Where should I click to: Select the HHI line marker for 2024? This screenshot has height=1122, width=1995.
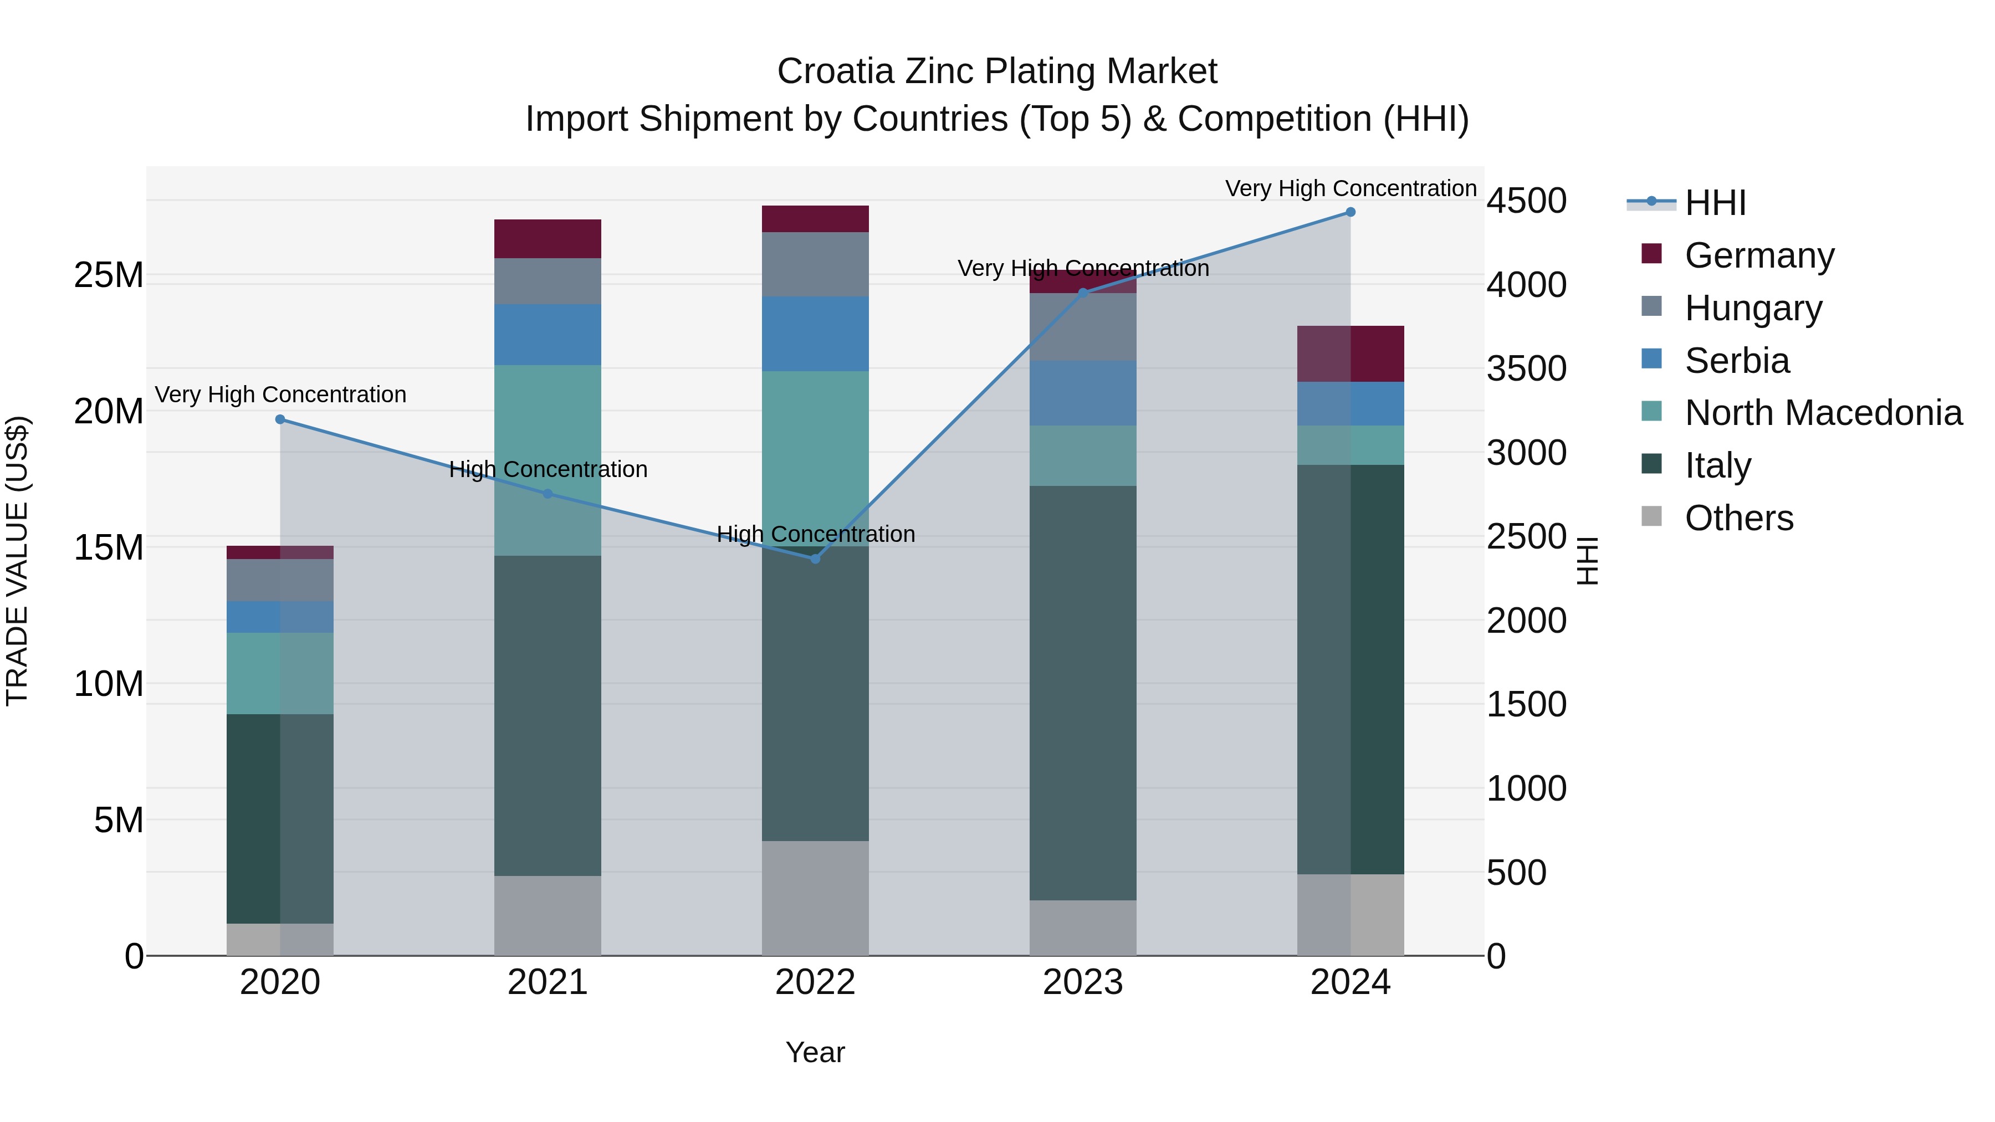(x=1350, y=212)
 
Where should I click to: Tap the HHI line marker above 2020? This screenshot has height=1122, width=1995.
(x=280, y=419)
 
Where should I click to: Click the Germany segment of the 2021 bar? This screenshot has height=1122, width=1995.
(x=548, y=238)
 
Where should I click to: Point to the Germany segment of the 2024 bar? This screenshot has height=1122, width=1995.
(x=1350, y=354)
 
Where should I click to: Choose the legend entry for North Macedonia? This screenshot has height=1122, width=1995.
(x=1823, y=413)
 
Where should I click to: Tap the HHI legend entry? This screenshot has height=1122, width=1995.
(x=1715, y=203)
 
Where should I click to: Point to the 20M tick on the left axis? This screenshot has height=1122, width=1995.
(x=109, y=411)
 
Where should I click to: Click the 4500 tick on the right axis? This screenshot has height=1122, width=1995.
(x=1526, y=201)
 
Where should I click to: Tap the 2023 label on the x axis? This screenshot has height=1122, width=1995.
(x=1083, y=982)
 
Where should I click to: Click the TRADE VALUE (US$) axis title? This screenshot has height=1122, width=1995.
(x=17, y=561)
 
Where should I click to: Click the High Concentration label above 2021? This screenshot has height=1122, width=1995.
(x=548, y=469)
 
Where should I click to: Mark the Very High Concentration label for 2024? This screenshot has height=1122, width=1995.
(x=1350, y=188)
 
